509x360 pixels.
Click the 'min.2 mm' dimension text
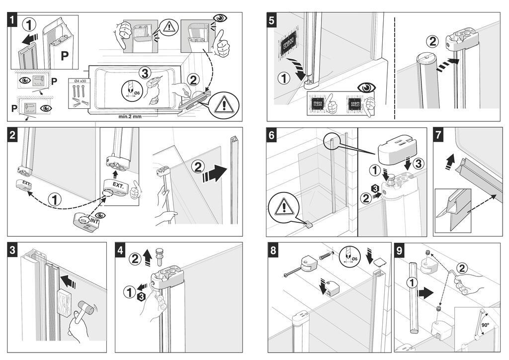click(x=131, y=117)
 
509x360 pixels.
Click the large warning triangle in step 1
click(x=224, y=106)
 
